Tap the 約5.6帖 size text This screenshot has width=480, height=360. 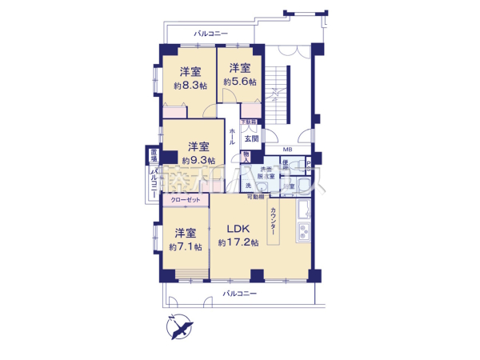pyautogui.click(x=240, y=82)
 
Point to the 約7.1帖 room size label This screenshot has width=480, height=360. pyautogui.click(x=185, y=247)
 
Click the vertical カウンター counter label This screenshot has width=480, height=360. pyautogui.click(x=273, y=226)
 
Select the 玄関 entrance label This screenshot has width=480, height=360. pyautogui.click(x=251, y=138)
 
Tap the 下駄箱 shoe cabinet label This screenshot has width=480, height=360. pyautogui.click(x=250, y=122)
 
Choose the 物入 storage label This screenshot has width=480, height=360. pyautogui.click(x=247, y=156)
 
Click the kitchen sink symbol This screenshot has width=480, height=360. pyautogui.click(x=304, y=213)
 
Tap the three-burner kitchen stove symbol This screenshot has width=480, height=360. pyautogui.click(x=305, y=235)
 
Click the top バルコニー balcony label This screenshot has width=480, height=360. pyautogui.click(x=211, y=34)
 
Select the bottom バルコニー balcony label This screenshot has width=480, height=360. pyautogui.click(x=239, y=294)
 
